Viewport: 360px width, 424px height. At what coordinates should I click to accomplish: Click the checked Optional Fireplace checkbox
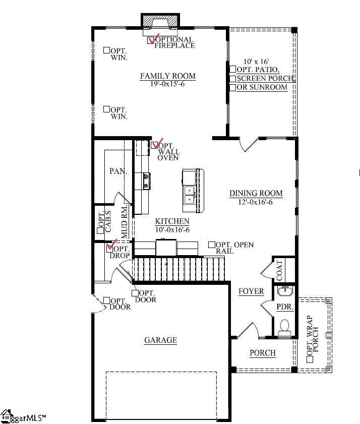point(151,40)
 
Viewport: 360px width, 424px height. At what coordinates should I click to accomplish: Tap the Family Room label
point(167,76)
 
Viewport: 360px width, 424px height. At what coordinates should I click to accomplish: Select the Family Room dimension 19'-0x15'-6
point(167,84)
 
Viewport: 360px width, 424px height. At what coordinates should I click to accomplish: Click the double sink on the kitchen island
point(190,195)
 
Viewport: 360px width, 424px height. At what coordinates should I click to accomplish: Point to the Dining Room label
point(256,193)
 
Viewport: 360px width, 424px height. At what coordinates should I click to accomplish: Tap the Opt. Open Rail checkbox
point(212,245)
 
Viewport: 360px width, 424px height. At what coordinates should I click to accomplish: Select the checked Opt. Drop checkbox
point(110,248)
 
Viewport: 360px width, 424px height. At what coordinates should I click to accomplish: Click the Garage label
point(160,340)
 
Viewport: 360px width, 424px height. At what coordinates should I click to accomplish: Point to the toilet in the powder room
point(285,327)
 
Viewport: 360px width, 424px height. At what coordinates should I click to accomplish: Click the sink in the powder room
point(285,290)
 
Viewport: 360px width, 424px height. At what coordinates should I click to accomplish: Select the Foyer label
point(251,291)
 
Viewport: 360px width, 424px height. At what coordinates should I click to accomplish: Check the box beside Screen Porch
point(232,78)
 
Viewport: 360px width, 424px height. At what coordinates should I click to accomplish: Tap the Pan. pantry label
point(118,171)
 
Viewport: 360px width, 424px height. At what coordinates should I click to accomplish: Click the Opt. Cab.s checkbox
point(100,230)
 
